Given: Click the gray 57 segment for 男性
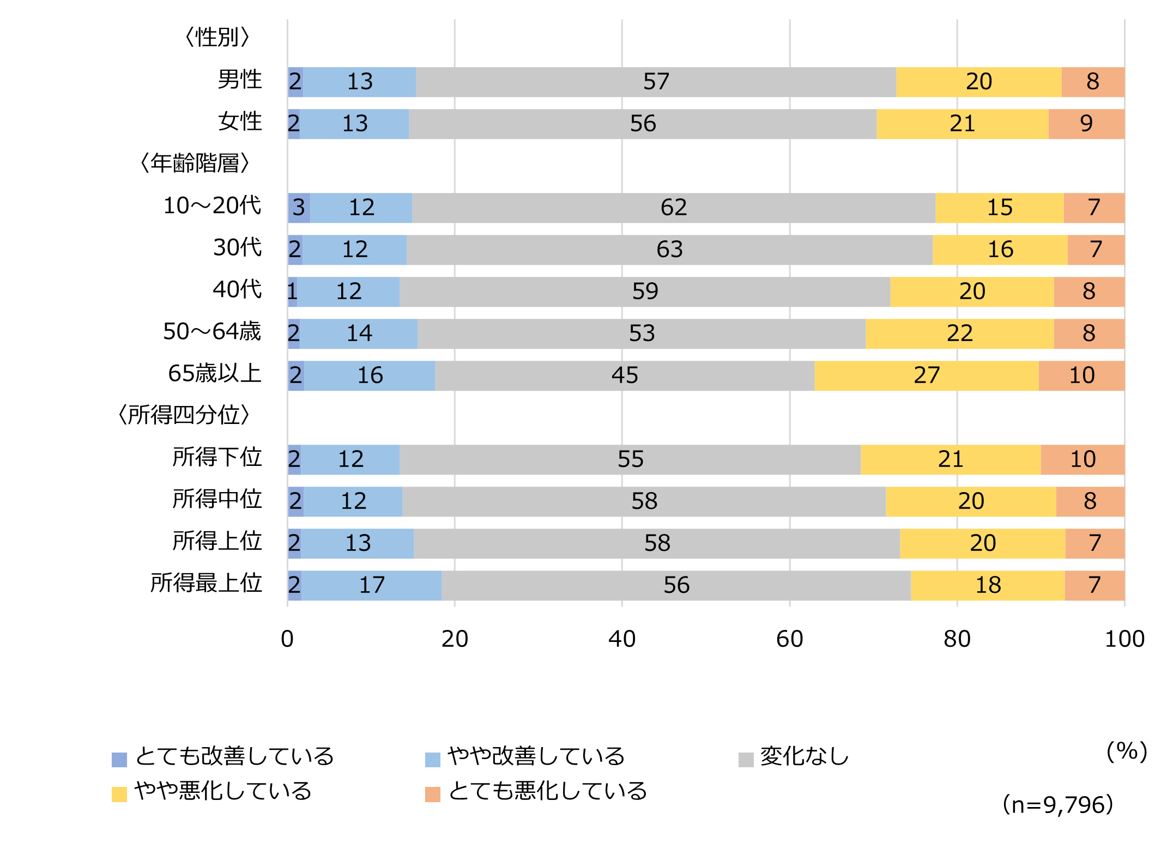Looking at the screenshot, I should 656,82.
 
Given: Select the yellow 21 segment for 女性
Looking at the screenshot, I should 962,124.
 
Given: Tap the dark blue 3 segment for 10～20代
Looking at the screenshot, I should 299,208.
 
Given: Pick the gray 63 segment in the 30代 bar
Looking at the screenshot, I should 669,250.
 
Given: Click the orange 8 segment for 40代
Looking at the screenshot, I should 1089,292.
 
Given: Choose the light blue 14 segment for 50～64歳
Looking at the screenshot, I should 359,334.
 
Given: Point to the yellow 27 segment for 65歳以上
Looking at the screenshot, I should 926,376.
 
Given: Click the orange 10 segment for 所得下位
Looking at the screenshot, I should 1083,460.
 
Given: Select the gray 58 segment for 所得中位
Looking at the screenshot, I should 644,502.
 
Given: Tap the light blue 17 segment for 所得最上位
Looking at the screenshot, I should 371,586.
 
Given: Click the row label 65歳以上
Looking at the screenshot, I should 215,374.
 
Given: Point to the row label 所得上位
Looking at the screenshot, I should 217,542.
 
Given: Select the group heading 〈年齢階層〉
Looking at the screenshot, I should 195,163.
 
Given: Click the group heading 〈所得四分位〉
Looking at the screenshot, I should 184,415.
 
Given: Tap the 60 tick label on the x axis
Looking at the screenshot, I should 789,639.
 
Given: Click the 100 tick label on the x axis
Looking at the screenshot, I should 1124,639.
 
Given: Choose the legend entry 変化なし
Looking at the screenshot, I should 804,757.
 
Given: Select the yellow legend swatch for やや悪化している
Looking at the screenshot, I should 119,794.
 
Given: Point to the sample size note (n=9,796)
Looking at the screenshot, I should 1057,805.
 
